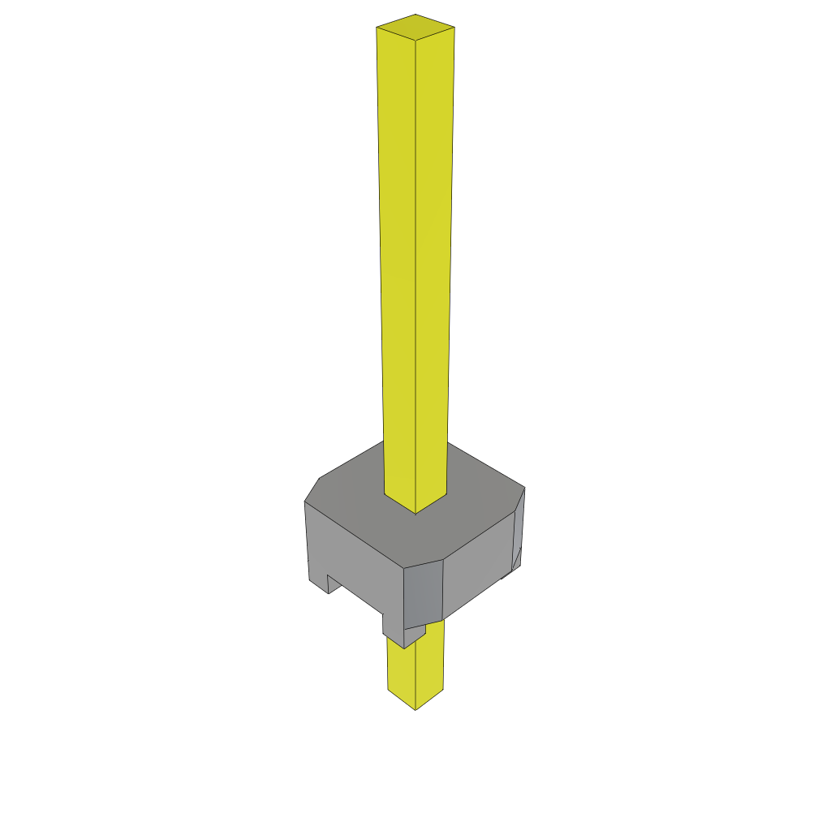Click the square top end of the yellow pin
[415, 27]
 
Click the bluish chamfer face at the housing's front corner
[423, 592]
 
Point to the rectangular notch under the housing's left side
[333, 584]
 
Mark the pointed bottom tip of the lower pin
[415, 709]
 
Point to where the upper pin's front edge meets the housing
[415, 513]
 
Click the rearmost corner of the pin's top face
[415, 14]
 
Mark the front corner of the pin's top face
[415, 40]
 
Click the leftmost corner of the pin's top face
[377, 28]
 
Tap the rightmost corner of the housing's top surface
[524, 487]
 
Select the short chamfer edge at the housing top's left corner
[312, 489]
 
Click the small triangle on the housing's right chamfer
[516, 558]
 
